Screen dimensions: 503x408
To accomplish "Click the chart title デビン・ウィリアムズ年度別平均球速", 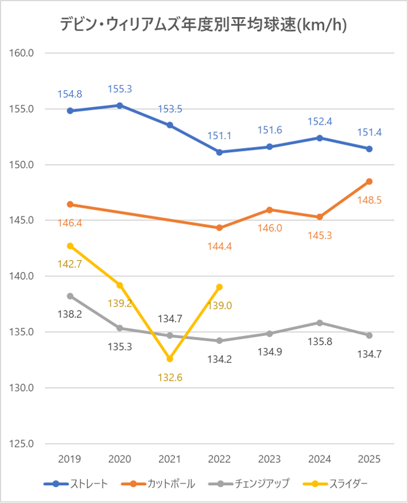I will [204, 25].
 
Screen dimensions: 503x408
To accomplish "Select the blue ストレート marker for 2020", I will [120, 106].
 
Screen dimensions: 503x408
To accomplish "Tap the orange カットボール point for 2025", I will [370, 181].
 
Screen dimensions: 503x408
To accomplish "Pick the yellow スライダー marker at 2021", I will [170, 359].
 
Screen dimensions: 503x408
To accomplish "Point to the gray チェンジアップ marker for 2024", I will [320, 323].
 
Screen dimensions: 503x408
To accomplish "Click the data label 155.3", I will [120, 90].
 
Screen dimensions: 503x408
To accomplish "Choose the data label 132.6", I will [170, 377].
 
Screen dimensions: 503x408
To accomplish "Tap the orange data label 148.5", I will [370, 200].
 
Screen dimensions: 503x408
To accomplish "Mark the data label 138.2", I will [70, 315].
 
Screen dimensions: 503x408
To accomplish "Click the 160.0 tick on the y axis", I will [22, 53].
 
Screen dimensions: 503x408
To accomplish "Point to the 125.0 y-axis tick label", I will [22, 444].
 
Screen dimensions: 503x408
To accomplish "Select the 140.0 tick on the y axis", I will [22, 276].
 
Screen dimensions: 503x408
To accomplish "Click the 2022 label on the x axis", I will [220, 459].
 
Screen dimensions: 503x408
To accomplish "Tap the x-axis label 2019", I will [70, 459].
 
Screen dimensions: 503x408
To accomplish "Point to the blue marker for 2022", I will [220, 152].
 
